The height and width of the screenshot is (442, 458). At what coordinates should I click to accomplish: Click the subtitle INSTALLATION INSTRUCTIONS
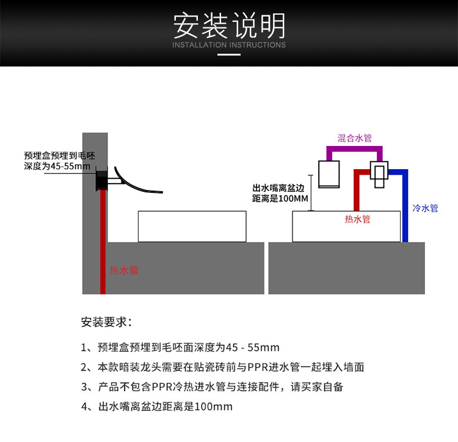point(229,45)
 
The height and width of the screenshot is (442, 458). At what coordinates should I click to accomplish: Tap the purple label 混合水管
point(355,139)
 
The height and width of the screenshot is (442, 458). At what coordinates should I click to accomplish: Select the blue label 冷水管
point(426,208)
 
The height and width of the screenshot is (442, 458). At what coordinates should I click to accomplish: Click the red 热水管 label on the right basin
point(357,219)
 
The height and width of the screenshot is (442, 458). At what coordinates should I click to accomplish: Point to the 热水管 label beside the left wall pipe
point(124,270)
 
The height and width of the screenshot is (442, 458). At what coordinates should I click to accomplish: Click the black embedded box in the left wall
point(101,181)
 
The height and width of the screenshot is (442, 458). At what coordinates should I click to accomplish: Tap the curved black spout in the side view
point(137,183)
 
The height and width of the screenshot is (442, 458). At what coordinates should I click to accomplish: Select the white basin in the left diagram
point(192,226)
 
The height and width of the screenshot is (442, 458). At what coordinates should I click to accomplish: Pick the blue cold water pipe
point(405,208)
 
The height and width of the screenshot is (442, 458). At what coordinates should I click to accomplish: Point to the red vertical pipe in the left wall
point(103,256)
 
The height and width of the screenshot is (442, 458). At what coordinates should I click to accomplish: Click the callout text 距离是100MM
point(280,199)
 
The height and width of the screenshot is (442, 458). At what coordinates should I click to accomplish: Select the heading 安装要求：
point(106,322)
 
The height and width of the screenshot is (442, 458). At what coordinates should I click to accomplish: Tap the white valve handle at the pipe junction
point(379,172)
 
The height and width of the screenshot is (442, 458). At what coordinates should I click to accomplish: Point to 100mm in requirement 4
point(213,407)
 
